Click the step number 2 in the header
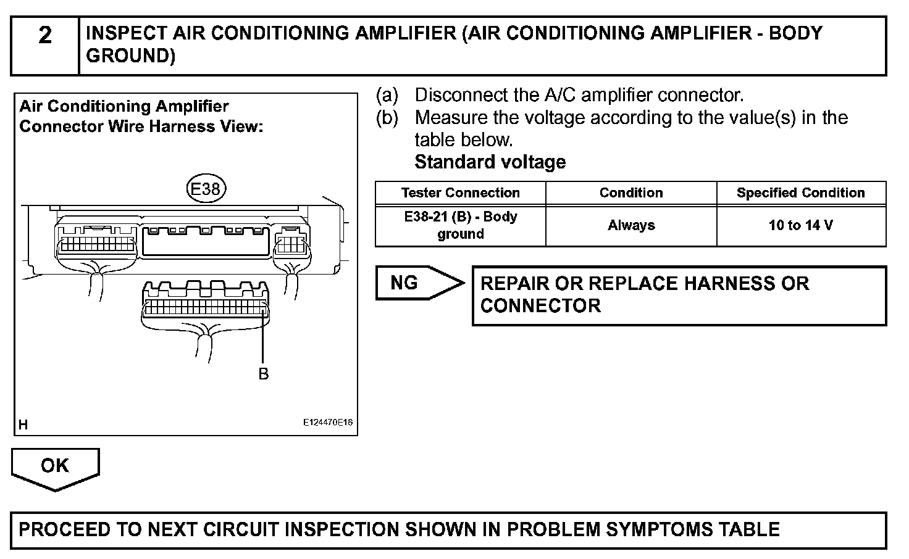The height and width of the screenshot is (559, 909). click(45, 36)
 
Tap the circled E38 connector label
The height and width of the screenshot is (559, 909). click(206, 189)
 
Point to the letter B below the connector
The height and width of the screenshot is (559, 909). click(264, 374)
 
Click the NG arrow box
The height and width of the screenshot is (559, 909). click(417, 283)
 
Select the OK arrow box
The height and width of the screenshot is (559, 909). click(55, 467)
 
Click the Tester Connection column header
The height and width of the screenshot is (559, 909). click(460, 193)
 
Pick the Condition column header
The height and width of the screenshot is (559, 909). click(630, 193)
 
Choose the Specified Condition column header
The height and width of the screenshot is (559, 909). click(800, 193)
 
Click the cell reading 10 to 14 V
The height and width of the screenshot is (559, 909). click(800, 226)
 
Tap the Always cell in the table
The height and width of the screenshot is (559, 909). click(630, 226)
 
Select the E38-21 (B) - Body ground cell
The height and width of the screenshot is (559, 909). click(460, 226)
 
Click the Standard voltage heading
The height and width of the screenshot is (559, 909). click(490, 162)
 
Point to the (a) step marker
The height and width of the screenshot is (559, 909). click(387, 96)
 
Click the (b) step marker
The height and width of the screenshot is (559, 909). click(387, 118)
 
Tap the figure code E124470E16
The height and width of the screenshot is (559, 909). click(327, 423)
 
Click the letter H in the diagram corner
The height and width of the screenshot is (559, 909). click(23, 424)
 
